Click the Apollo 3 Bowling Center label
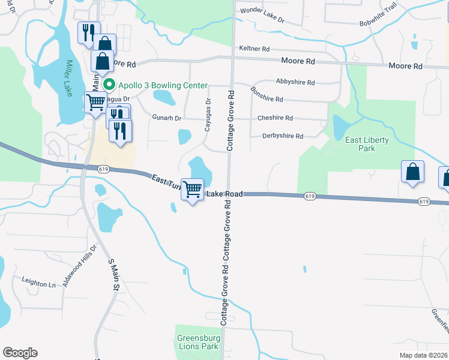pyautogui.click(x=162, y=85)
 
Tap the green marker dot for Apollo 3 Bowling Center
pyautogui.click(x=109, y=85)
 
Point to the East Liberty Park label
pyautogui.click(x=367, y=144)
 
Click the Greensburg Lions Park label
pyautogui.click(x=198, y=342)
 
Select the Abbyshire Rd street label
pyautogui.click(x=295, y=82)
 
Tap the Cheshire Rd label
pyautogui.click(x=275, y=118)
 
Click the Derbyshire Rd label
pyautogui.click(x=283, y=136)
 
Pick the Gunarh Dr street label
pyautogui.click(x=166, y=118)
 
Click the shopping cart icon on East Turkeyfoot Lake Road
pyautogui.click(x=192, y=189)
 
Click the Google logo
pyautogui.click(x=20, y=353)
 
